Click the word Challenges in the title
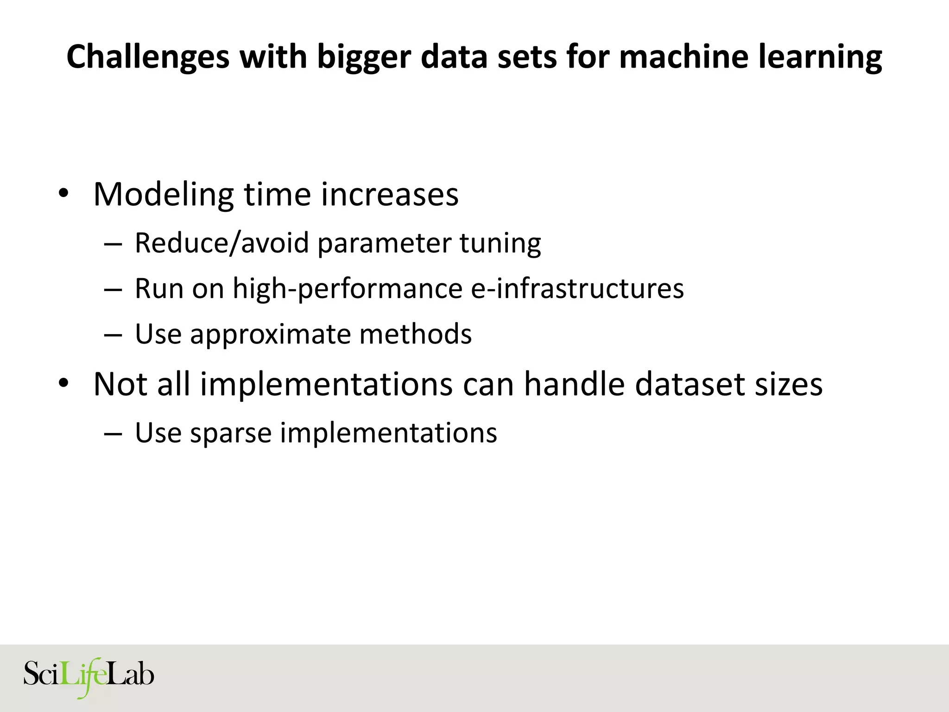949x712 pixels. [148, 57]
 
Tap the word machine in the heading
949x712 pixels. [683, 57]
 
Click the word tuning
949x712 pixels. [500, 244]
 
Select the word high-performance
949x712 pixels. [347, 289]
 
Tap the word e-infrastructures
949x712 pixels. [577, 288]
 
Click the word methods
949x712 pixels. [415, 334]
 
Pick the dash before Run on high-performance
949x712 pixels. [113, 289]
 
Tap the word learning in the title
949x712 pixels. [820, 57]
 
